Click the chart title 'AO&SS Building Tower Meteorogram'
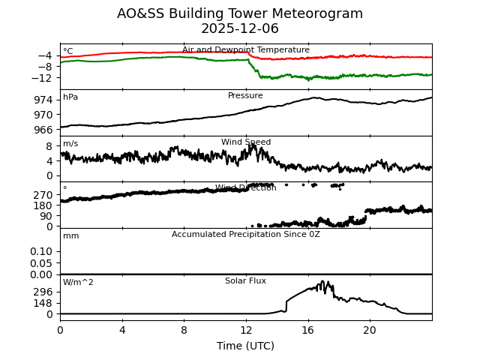240,13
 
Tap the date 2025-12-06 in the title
240,29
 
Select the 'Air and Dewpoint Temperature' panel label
246,50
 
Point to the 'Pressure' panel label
245,96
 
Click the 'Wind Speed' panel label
246,142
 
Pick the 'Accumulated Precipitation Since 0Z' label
246,235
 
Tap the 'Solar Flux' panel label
245,281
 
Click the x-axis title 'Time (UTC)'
245,346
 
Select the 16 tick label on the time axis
307,330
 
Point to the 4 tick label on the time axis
122,330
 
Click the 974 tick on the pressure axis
44,100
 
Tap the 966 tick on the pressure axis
44,129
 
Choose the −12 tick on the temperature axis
42,78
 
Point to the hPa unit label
70,97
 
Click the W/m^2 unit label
78,283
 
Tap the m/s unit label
70,144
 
